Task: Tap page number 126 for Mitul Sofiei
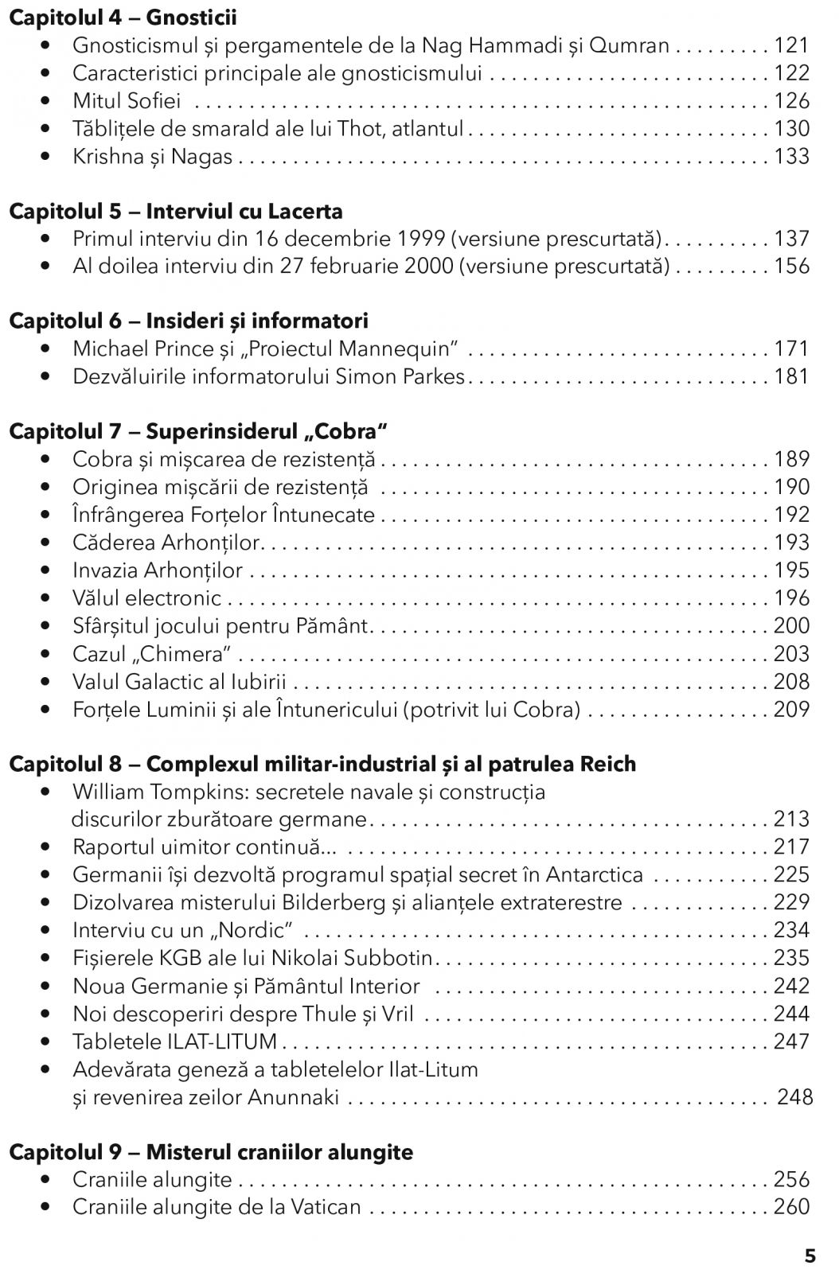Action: point(791,101)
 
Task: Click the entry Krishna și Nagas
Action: point(152,157)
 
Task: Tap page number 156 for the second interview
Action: point(791,267)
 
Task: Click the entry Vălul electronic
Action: point(146,598)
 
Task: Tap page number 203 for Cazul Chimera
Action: point(791,654)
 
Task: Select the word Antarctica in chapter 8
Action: point(595,875)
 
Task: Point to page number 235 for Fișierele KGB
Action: point(791,958)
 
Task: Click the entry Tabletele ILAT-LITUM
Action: point(174,1041)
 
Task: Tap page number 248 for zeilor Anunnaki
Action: point(794,1098)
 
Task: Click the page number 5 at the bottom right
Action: point(810,1257)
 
